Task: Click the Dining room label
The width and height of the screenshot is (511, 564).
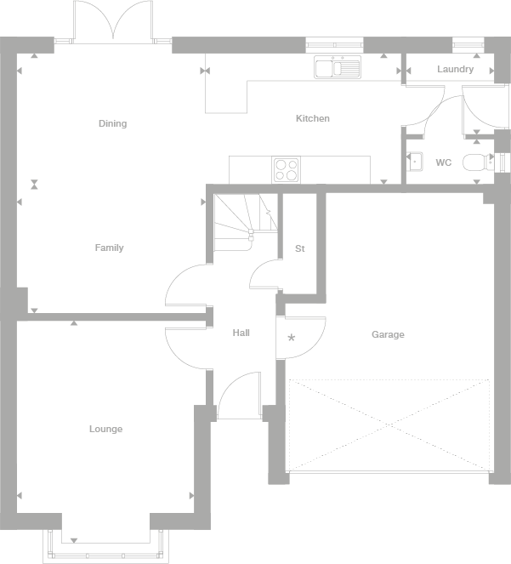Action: [x=112, y=123]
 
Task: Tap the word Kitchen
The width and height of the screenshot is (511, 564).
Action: [x=312, y=118]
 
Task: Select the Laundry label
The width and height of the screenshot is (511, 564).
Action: [x=455, y=69]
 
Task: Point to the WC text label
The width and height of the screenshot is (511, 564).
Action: [x=443, y=162]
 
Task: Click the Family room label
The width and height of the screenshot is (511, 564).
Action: [x=109, y=248]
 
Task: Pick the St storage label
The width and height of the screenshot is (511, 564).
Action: [x=299, y=248]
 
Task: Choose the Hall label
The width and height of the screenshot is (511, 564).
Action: [x=241, y=333]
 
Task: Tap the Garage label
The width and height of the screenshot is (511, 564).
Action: [x=388, y=334]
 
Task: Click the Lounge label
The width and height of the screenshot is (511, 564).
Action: [x=105, y=429]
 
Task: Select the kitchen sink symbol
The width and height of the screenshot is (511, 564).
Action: [x=338, y=67]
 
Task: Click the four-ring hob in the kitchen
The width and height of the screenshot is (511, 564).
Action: [x=286, y=170]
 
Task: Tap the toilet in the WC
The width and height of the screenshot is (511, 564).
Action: [x=478, y=162]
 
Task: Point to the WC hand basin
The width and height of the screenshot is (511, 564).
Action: [x=415, y=162]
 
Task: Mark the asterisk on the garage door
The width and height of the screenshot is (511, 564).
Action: [x=292, y=338]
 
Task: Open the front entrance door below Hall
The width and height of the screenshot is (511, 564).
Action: [x=238, y=398]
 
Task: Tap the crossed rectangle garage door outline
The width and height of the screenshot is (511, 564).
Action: [x=389, y=424]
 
